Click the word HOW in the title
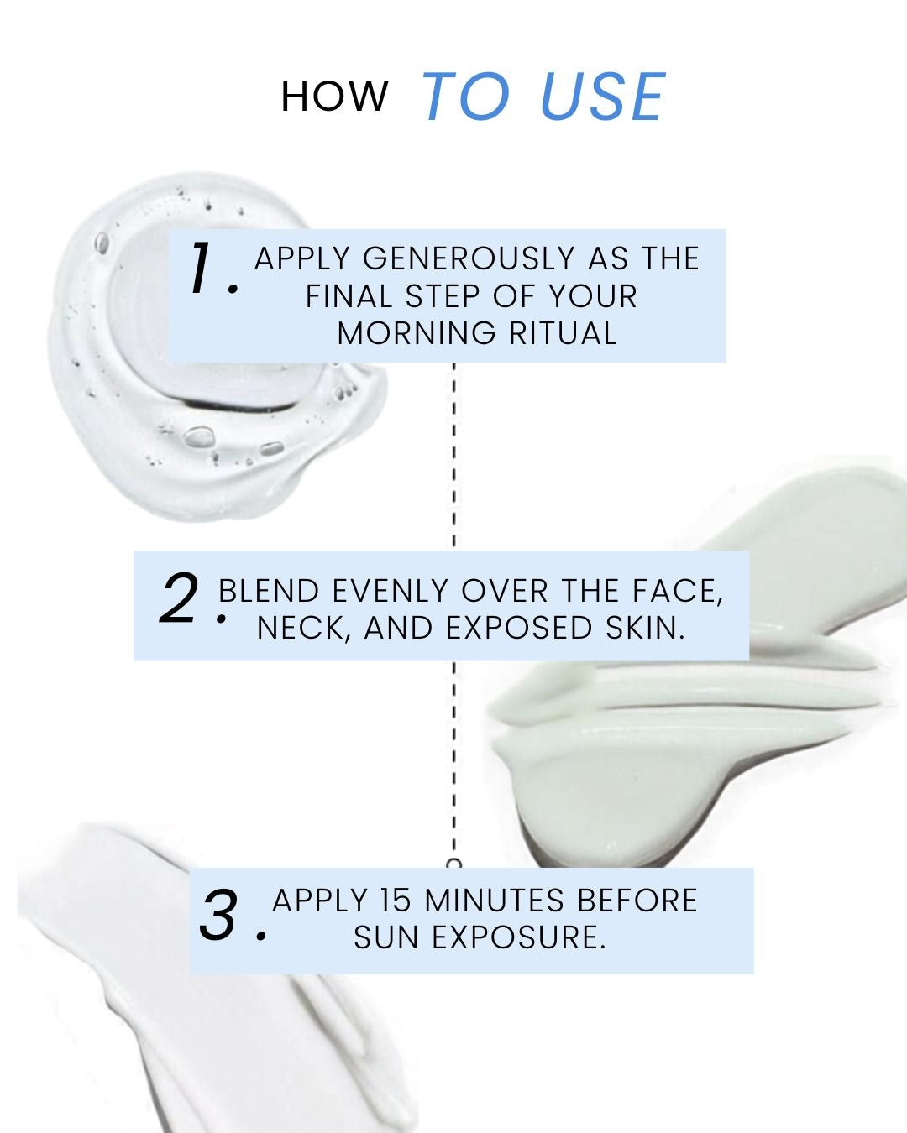[x=334, y=97]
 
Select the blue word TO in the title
[x=466, y=97]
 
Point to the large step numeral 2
[x=180, y=598]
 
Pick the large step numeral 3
[x=218, y=914]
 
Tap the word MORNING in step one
[x=417, y=333]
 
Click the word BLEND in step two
[x=269, y=591]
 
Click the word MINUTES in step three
[x=494, y=901]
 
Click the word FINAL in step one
[x=349, y=296]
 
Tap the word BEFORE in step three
[x=637, y=901]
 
